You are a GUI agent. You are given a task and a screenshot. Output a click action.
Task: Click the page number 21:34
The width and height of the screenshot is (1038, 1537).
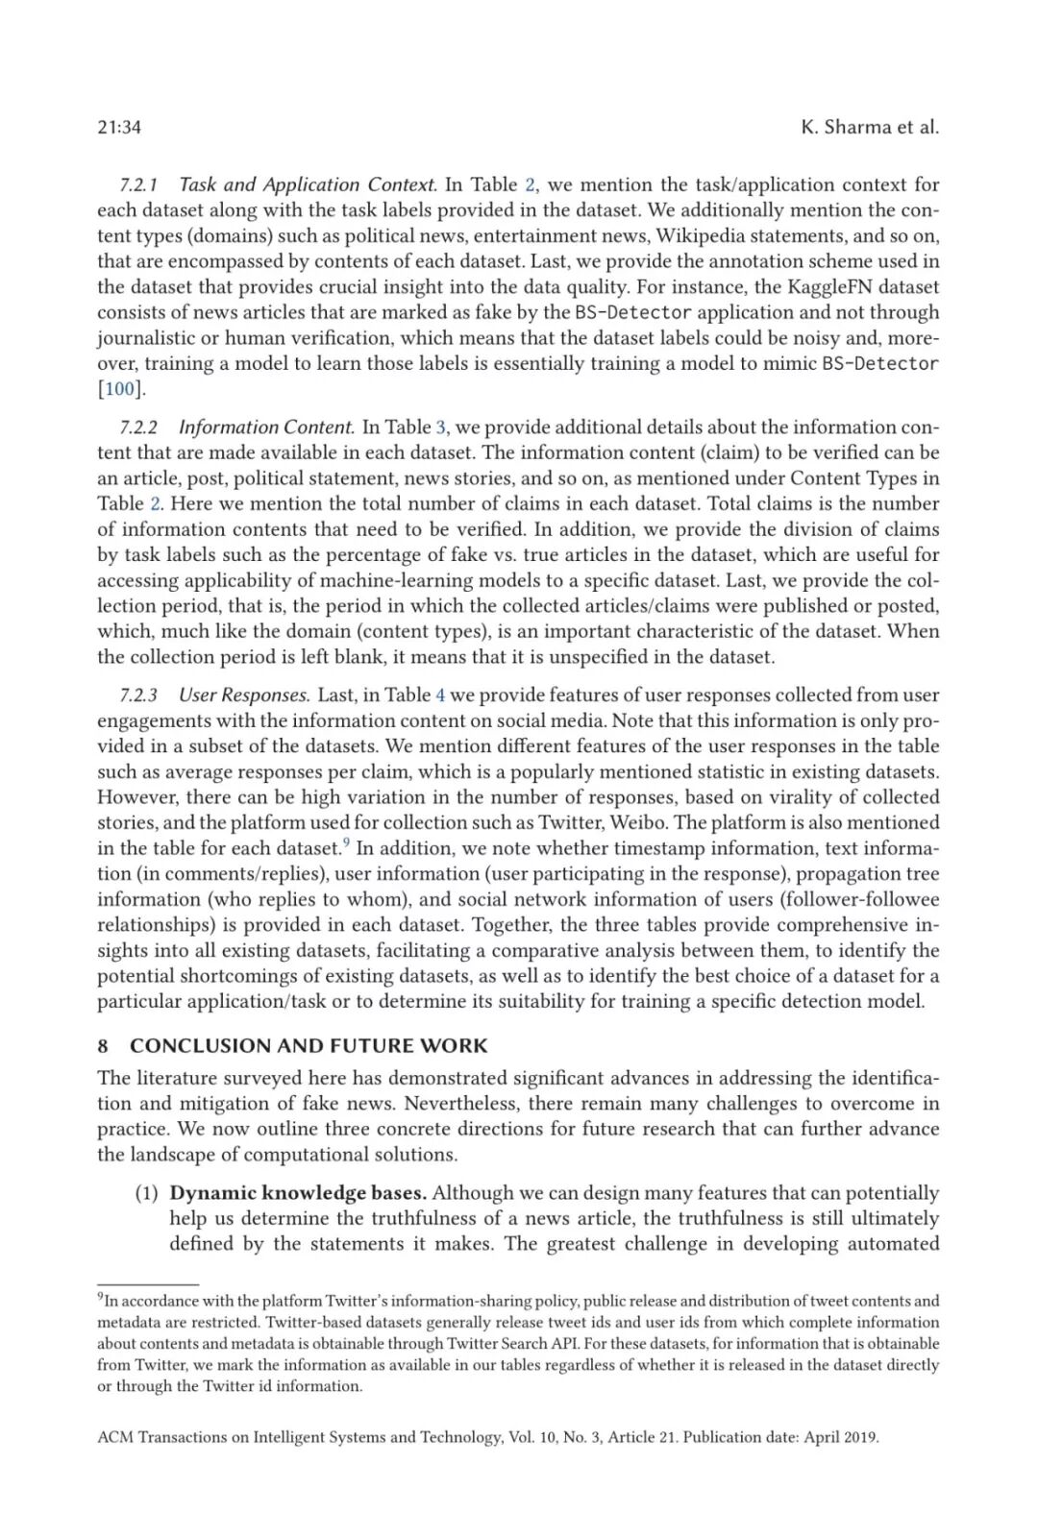[x=119, y=127]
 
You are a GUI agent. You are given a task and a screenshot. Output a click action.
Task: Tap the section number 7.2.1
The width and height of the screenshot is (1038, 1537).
[x=138, y=184]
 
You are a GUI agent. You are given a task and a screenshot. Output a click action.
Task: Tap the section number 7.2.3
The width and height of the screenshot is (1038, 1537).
[x=138, y=695]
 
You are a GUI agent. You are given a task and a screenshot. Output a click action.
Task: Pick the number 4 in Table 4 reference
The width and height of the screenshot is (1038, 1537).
[x=440, y=695]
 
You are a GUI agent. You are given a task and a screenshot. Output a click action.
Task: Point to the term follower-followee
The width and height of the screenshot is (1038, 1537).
[x=859, y=899]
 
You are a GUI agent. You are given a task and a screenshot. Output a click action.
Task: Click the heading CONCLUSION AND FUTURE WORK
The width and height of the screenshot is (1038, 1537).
[x=309, y=1045]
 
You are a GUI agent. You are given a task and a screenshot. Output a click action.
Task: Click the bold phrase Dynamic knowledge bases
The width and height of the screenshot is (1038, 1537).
[x=298, y=1193]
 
